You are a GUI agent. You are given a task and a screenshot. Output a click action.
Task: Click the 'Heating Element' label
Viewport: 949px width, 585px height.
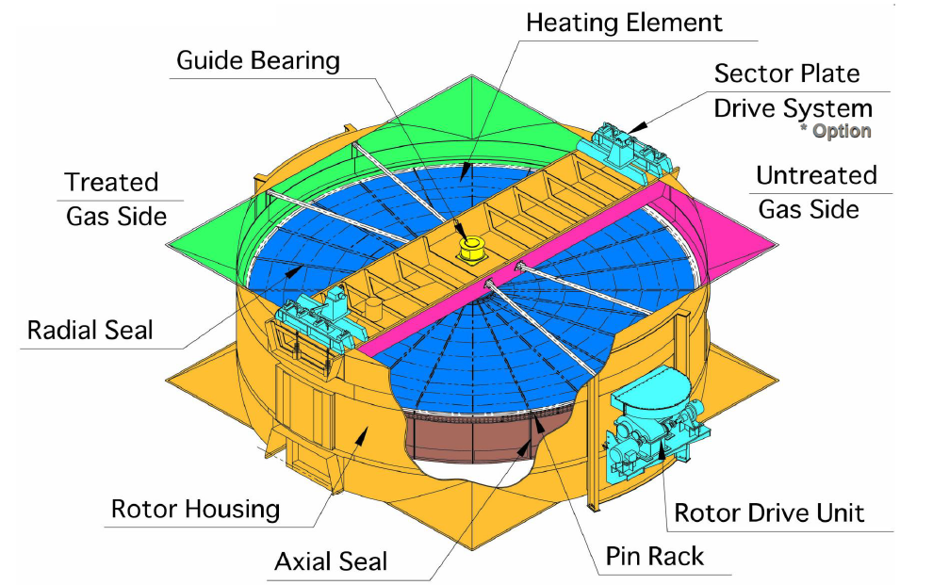click(624, 22)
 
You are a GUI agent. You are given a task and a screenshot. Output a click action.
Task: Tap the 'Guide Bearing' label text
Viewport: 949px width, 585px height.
click(258, 62)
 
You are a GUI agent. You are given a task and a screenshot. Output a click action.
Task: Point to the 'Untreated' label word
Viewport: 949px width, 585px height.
click(816, 175)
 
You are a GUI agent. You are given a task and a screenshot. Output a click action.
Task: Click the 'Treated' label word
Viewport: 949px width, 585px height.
click(111, 182)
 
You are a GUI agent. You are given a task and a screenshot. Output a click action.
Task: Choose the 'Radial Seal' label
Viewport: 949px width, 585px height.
click(90, 331)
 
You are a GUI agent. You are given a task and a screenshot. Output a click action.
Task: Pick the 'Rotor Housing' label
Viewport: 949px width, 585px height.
click(196, 510)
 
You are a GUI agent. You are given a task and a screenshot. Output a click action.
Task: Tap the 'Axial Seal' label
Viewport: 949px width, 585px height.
click(331, 562)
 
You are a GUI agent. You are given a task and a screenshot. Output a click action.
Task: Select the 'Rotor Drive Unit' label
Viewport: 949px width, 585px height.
click(769, 513)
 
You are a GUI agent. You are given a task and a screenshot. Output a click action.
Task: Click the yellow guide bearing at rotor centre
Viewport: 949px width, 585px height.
click(469, 248)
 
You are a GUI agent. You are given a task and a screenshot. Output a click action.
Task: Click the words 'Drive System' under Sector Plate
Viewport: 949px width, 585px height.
click(793, 107)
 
